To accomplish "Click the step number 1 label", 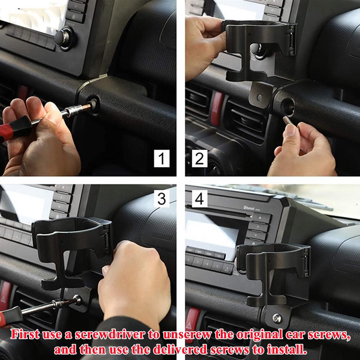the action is (162, 158).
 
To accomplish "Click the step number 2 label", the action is (199, 158).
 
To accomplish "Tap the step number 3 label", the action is (162, 198).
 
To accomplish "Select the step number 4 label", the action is (199, 198).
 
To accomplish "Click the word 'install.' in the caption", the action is (287, 350).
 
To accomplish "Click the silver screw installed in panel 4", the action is (276, 318).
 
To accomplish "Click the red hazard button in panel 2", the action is (217, 109).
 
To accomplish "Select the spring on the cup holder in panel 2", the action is (292, 40).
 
